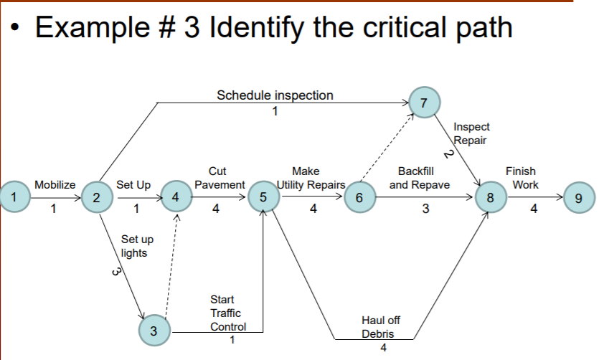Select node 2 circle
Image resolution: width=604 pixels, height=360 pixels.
coord(95,197)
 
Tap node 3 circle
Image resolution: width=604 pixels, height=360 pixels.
coord(154,329)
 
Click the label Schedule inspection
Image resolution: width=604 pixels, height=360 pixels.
coord(275,95)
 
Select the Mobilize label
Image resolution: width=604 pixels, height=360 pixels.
coord(55,184)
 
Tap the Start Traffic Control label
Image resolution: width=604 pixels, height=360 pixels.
coord(227,313)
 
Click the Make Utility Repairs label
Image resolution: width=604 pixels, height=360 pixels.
coord(310,178)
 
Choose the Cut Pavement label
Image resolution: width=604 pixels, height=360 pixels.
coord(219,178)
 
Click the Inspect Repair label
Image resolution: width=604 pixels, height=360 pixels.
coord(471,133)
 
